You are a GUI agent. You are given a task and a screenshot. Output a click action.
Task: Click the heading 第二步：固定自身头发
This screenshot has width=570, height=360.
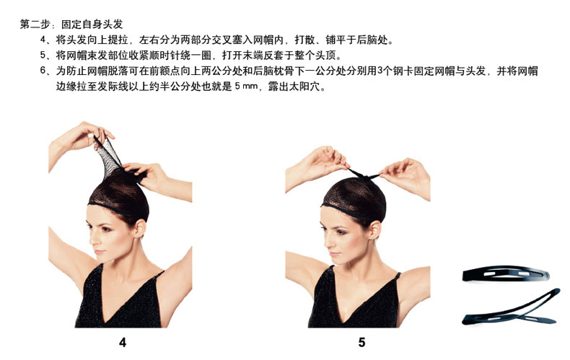71,25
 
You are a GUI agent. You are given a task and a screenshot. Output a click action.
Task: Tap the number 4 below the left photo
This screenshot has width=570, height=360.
123,342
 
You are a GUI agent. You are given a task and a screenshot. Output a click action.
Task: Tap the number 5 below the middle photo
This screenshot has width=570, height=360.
361,342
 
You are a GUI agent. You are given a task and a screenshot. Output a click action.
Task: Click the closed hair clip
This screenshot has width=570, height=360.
506,274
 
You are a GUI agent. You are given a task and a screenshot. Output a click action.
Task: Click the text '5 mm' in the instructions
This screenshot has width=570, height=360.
247,87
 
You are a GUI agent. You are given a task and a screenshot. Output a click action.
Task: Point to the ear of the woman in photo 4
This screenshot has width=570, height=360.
139,229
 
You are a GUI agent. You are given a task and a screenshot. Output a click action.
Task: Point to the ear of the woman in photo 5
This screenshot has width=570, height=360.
374,230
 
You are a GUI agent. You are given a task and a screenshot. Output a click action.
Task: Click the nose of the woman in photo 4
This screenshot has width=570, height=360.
92,240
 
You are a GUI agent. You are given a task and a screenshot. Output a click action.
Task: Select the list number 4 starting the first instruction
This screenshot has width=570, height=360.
43,39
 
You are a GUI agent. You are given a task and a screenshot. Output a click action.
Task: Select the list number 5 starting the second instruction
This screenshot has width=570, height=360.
43,56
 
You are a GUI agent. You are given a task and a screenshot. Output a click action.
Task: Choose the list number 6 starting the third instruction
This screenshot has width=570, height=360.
43,71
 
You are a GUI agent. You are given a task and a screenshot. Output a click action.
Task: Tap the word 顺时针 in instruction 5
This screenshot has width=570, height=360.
165,56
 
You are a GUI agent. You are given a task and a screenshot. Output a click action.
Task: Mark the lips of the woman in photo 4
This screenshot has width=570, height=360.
99,253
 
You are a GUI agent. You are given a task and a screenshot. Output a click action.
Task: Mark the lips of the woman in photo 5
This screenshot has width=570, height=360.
335,255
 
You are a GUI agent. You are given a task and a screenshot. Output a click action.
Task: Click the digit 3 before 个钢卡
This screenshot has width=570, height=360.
380,71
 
